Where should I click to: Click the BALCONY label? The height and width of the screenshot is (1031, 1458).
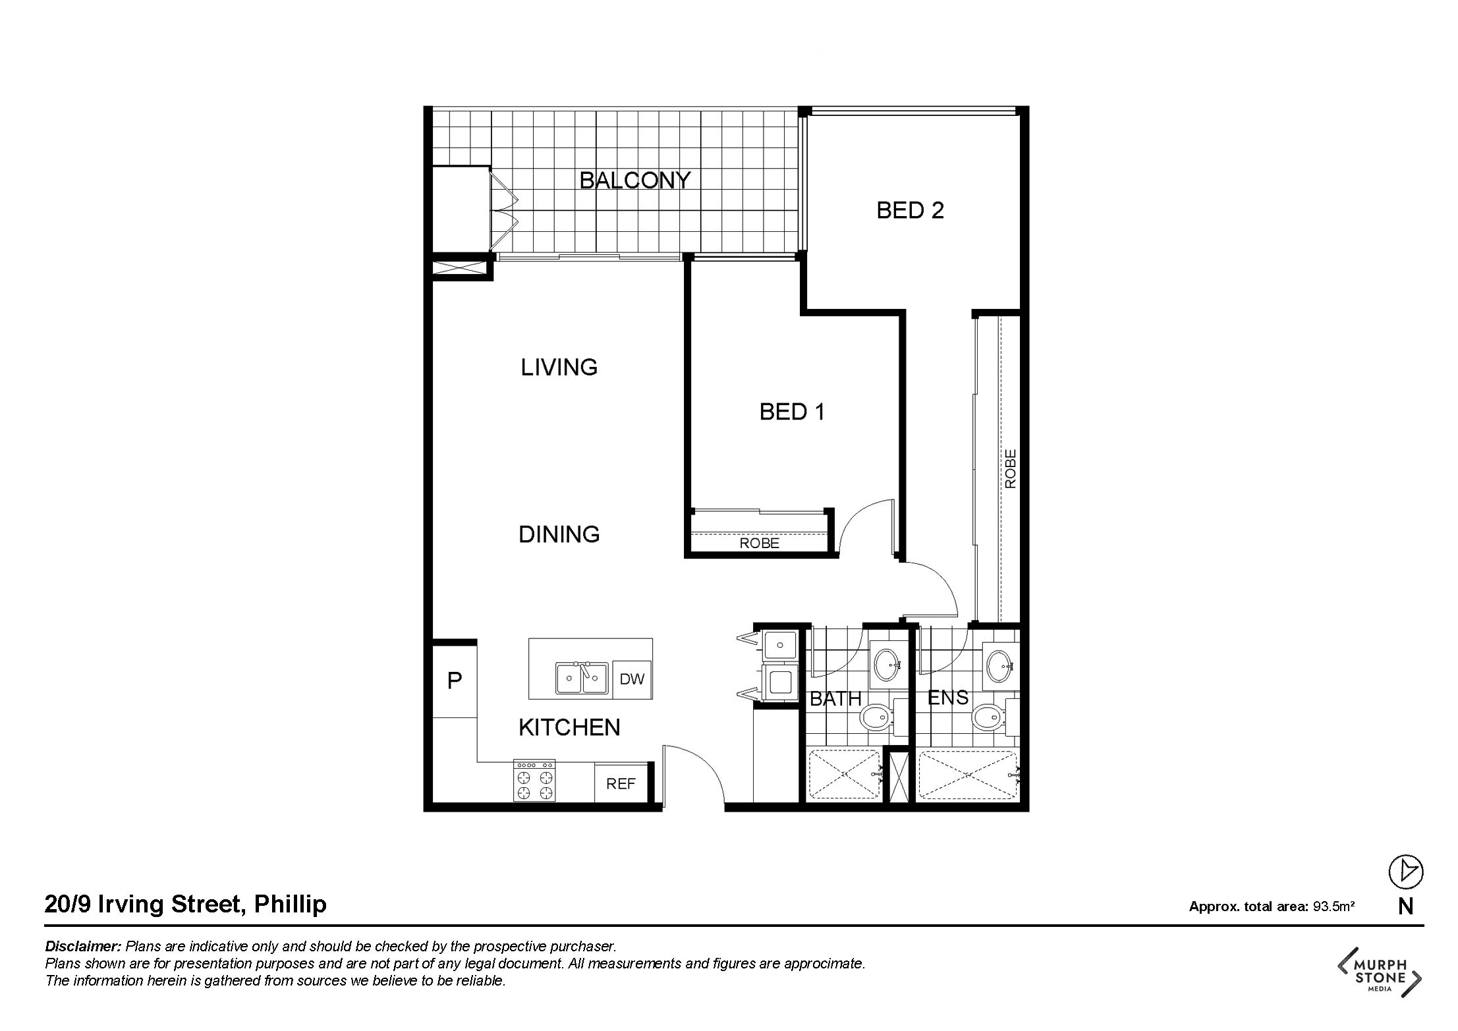pyautogui.click(x=634, y=180)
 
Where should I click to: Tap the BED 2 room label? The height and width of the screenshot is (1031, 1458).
pyautogui.click(x=910, y=211)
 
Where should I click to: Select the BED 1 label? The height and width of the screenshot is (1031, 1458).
pyautogui.click(x=792, y=412)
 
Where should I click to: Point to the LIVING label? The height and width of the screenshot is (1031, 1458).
pyautogui.click(x=559, y=368)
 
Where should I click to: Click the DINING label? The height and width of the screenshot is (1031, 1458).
pyautogui.click(x=559, y=534)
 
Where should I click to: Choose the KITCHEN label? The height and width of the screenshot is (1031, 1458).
pyautogui.click(x=569, y=727)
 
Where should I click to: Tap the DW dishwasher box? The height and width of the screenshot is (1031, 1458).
pyautogui.click(x=632, y=679)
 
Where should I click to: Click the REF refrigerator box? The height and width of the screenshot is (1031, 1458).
pyautogui.click(x=621, y=783)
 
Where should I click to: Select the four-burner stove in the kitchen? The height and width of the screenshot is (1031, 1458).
pyautogui.click(x=534, y=781)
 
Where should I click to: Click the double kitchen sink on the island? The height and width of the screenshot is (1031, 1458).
pyautogui.click(x=582, y=678)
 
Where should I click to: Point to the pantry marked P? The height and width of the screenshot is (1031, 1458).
pyautogui.click(x=455, y=681)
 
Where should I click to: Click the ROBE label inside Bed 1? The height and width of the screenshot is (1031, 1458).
pyautogui.click(x=759, y=543)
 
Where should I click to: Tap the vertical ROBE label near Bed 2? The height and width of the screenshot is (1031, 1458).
pyautogui.click(x=1011, y=468)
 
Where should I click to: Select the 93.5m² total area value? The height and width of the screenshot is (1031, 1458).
pyautogui.click(x=1333, y=906)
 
